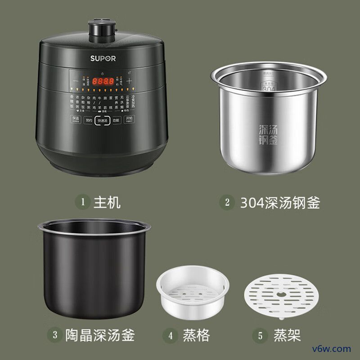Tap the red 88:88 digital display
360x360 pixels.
click(103, 82)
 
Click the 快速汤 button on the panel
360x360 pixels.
click(103, 121)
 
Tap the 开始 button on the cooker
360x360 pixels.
click(129, 120)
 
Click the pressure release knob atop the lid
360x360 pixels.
click(103, 29)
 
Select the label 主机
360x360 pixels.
click(107, 202)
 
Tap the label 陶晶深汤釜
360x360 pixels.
click(101, 335)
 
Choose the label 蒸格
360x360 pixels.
click(196, 335)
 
